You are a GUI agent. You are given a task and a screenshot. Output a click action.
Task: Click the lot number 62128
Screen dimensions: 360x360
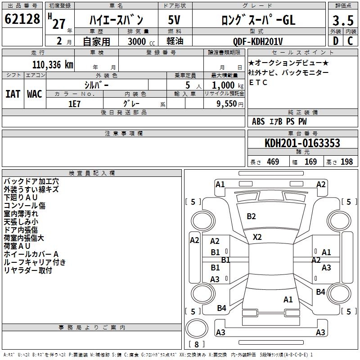click(22, 19)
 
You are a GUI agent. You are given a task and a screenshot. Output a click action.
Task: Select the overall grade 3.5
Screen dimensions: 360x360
click(343, 21)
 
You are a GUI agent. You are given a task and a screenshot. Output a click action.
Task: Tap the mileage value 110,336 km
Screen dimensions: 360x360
click(53, 65)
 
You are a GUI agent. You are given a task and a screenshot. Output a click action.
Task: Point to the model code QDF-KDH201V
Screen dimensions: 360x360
click(258, 41)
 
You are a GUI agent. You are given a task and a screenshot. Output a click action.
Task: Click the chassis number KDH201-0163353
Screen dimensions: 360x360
click(302, 143)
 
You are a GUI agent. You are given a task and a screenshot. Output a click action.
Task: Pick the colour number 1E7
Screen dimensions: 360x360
click(74, 104)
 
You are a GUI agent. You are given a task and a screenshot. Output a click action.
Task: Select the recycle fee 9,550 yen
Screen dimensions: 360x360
click(230, 104)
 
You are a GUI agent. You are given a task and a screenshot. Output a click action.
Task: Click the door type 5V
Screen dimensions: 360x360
click(174, 20)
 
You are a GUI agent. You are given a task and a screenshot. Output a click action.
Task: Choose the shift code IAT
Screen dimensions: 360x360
click(13, 94)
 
